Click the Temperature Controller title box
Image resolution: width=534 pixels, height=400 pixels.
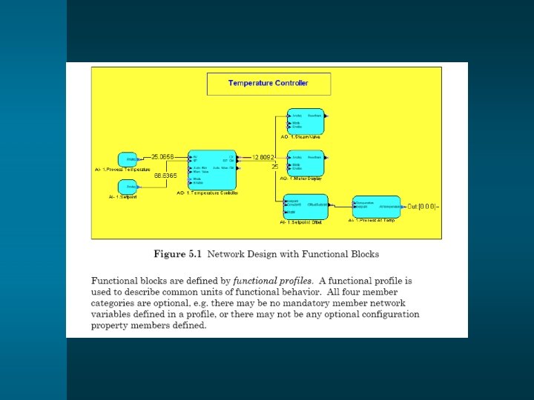[x=268, y=83]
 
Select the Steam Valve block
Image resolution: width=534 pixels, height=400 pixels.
[x=306, y=121]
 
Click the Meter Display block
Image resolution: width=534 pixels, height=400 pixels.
[x=306, y=162]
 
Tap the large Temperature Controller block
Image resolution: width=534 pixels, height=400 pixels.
[x=212, y=169]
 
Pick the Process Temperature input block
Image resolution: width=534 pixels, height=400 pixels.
[x=128, y=159]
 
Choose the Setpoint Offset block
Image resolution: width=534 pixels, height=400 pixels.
[x=306, y=207]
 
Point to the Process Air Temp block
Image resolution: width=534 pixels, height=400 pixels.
[x=376, y=207]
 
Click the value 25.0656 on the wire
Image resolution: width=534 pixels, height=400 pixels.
[x=162, y=157]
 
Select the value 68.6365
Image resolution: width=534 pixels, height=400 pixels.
[x=165, y=176]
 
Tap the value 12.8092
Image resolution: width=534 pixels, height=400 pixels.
[x=263, y=157]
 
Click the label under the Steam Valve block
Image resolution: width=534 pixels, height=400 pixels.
[x=305, y=138]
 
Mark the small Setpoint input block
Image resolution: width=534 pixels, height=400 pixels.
[x=128, y=187]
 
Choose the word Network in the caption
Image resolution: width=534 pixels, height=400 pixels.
[x=228, y=254]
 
